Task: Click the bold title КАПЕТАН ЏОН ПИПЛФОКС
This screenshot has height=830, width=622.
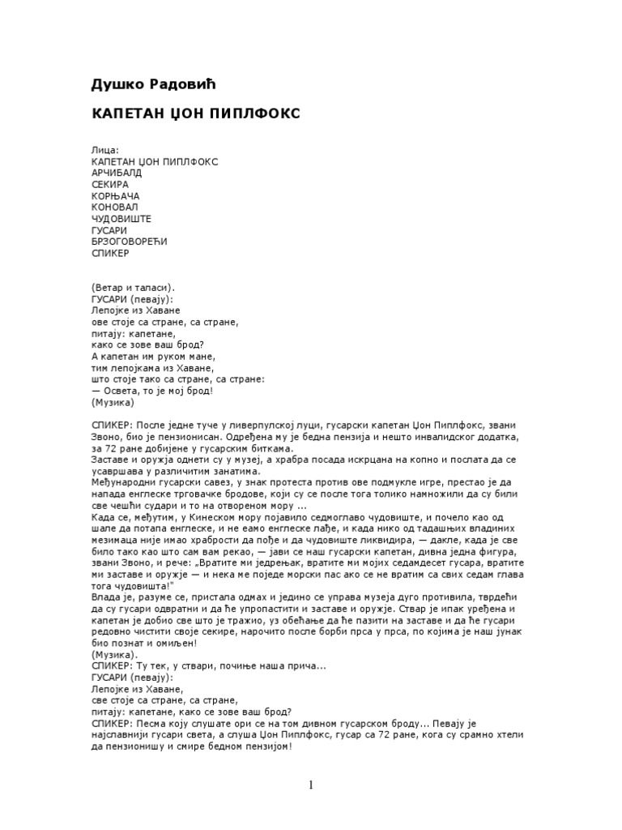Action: [x=195, y=113]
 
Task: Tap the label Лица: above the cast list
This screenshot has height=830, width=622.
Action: [x=105, y=151]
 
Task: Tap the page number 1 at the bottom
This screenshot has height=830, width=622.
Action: [x=310, y=784]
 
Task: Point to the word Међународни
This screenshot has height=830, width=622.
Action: [x=128, y=482]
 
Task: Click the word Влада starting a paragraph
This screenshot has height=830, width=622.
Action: [x=106, y=596]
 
